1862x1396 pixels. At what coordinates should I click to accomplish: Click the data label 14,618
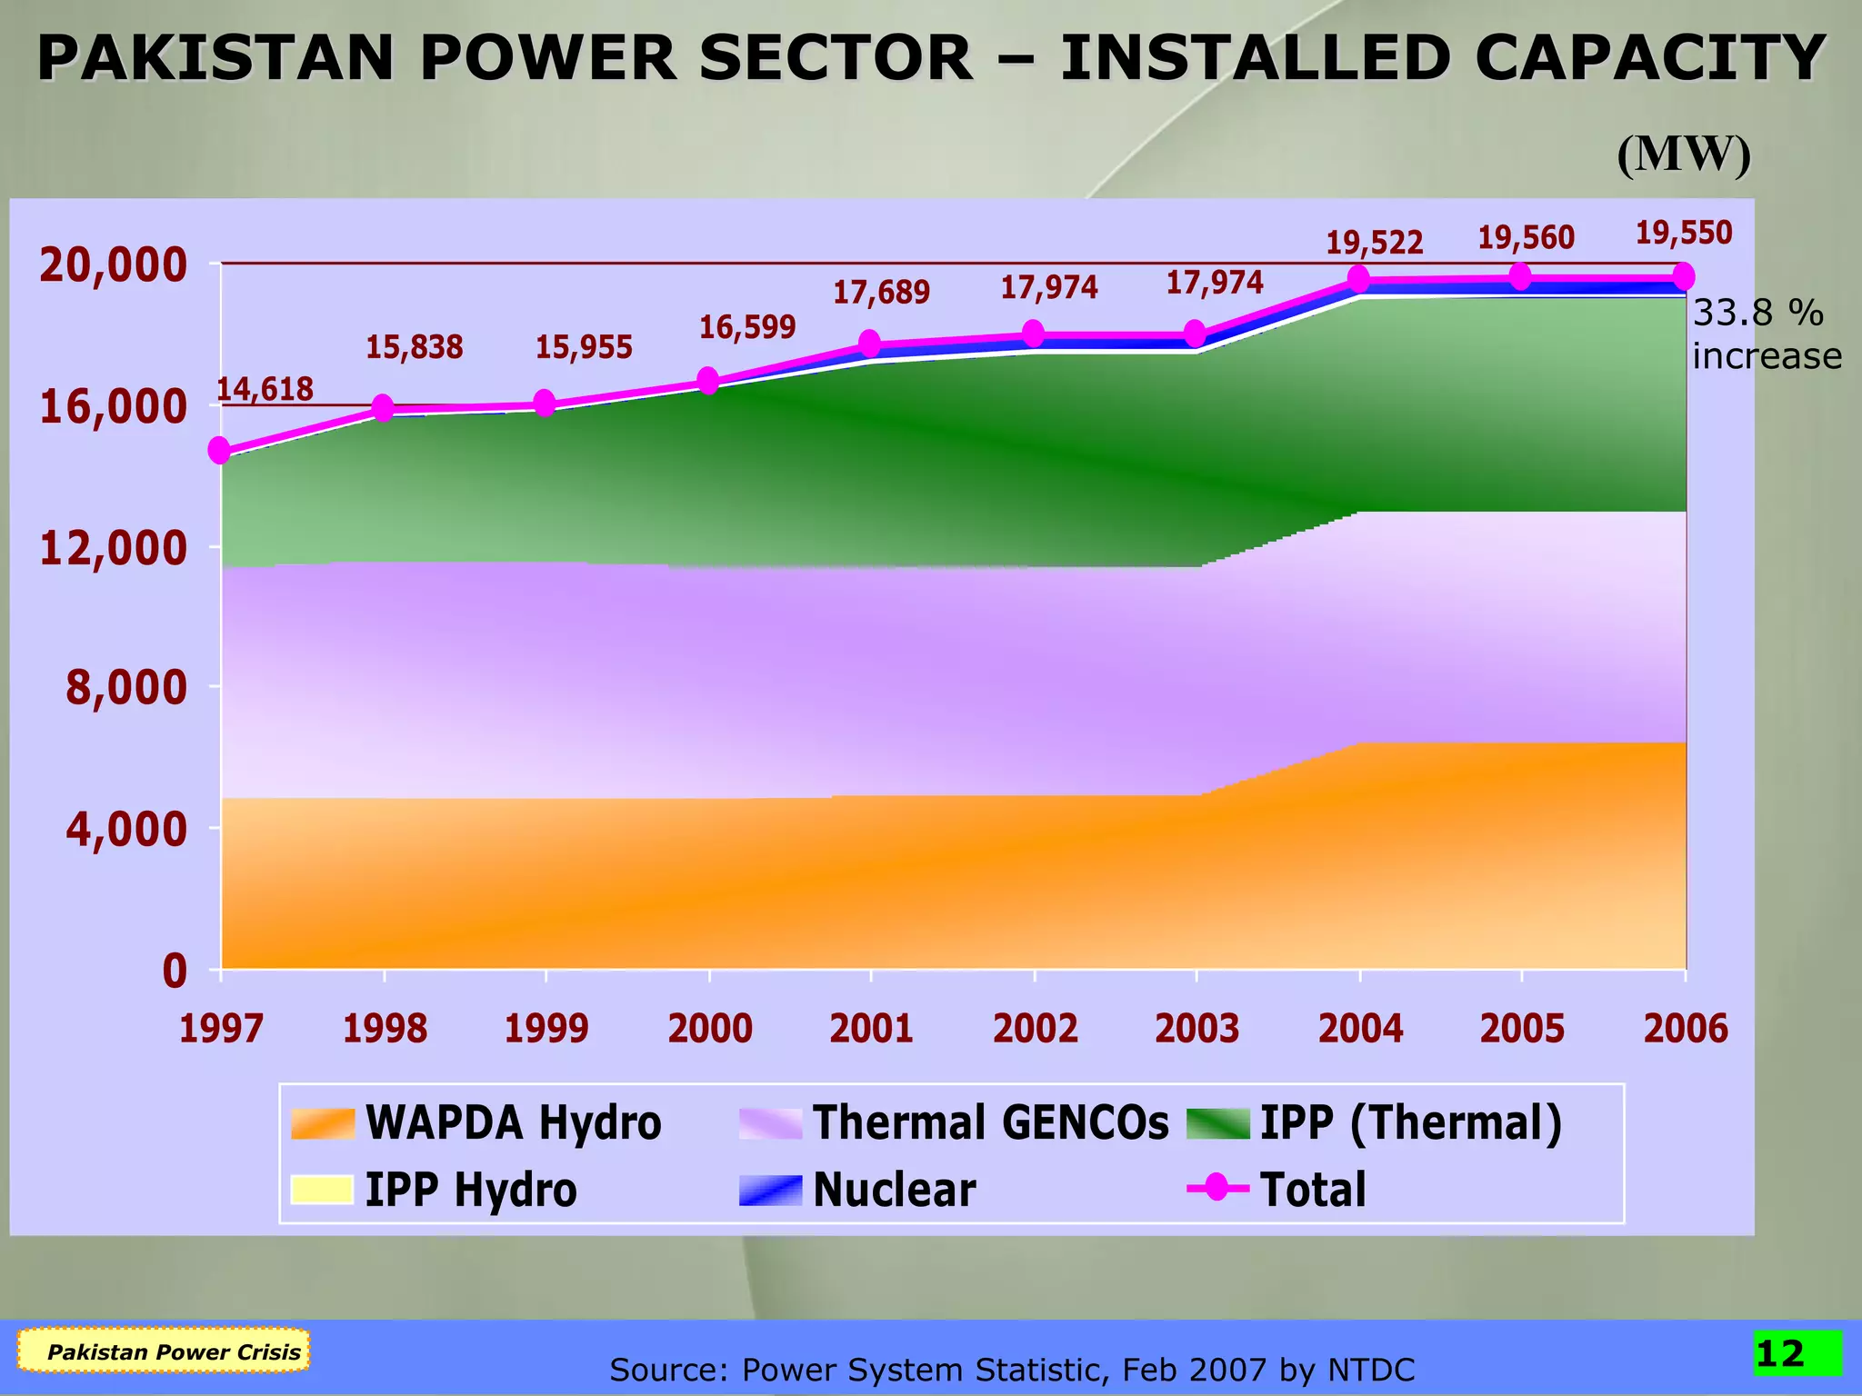[x=265, y=390]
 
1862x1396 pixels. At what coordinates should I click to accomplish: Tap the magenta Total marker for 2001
[x=870, y=344]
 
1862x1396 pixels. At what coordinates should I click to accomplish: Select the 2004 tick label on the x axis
[x=1360, y=1029]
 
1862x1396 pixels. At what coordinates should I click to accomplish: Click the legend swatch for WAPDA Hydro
[x=322, y=1123]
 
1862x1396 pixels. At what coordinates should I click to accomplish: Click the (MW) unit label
[x=1683, y=155]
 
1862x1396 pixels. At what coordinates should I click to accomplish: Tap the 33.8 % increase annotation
[x=1765, y=334]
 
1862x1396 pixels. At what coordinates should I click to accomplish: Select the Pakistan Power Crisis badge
[x=174, y=1351]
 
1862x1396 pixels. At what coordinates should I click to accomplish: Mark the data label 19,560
[x=1526, y=238]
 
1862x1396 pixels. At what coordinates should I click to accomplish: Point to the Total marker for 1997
[x=220, y=450]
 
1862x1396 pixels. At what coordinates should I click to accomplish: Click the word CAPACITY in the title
[x=1649, y=59]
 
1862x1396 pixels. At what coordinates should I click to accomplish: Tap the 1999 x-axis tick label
[x=546, y=1029]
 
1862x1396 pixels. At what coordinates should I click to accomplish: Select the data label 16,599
[x=746, y=327]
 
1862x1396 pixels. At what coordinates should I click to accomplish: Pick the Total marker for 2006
[x=1684, y=276]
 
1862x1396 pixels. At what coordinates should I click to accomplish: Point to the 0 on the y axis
[x=175, y=972]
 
